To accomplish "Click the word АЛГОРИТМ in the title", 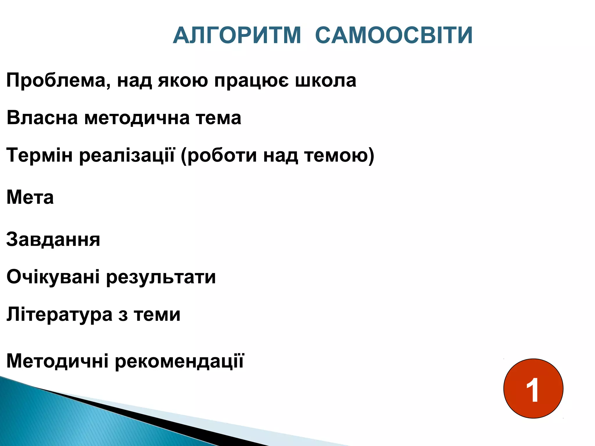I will [x=237, y=35].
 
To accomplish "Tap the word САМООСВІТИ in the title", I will [x=394, y=35].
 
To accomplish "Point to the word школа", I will [x=326, y=80].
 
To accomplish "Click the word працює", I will [x=252, y=80].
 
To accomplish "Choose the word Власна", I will [x=42, y=118].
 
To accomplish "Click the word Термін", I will [x=40, y=155].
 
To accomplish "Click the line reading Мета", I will [x=30, y=197].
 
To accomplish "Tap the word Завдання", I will [x=53, y=240].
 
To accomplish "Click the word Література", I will [x=59, y=314].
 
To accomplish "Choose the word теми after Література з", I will [x=157, y=314].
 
